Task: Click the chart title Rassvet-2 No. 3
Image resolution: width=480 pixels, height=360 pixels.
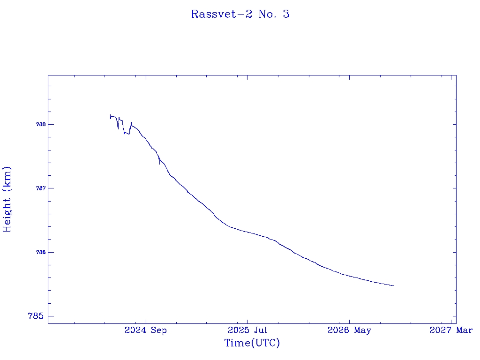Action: (x=240, y=14)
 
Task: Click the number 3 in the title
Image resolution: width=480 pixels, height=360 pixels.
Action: (x=286, y=14)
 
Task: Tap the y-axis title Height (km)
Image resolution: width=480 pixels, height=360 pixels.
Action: (x=7, y=200)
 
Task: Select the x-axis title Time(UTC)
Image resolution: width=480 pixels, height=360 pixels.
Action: (x=252, y=343)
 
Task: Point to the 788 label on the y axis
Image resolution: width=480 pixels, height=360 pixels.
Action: (x=41, y=124)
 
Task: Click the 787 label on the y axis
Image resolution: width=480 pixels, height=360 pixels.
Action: (x=41, y=188)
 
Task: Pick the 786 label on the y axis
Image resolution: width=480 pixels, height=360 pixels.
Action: (x=41, y=252)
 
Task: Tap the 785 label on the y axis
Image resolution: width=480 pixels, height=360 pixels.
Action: (x=36, y=316)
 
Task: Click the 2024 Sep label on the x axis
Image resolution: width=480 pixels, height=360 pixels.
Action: (x=146, y=330)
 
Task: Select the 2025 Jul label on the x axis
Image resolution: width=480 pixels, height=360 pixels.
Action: (x=247, y=330)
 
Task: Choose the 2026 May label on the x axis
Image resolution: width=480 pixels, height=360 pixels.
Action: (x=349, y=330)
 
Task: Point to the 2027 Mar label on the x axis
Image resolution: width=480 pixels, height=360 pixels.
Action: (x=451, y=330)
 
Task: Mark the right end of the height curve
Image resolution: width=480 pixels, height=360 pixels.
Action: (x=394, y=285)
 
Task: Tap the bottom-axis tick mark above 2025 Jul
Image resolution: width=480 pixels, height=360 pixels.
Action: (x=247, y=322)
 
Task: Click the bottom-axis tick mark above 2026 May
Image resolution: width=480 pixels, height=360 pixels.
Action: (x=349, y=322)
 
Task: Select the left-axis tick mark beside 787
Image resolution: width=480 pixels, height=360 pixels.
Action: (x=50, y=188)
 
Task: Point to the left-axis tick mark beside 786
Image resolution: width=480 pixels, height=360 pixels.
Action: (x=50, y=252)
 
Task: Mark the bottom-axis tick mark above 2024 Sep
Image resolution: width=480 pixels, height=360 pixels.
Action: (x=146, y=322)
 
